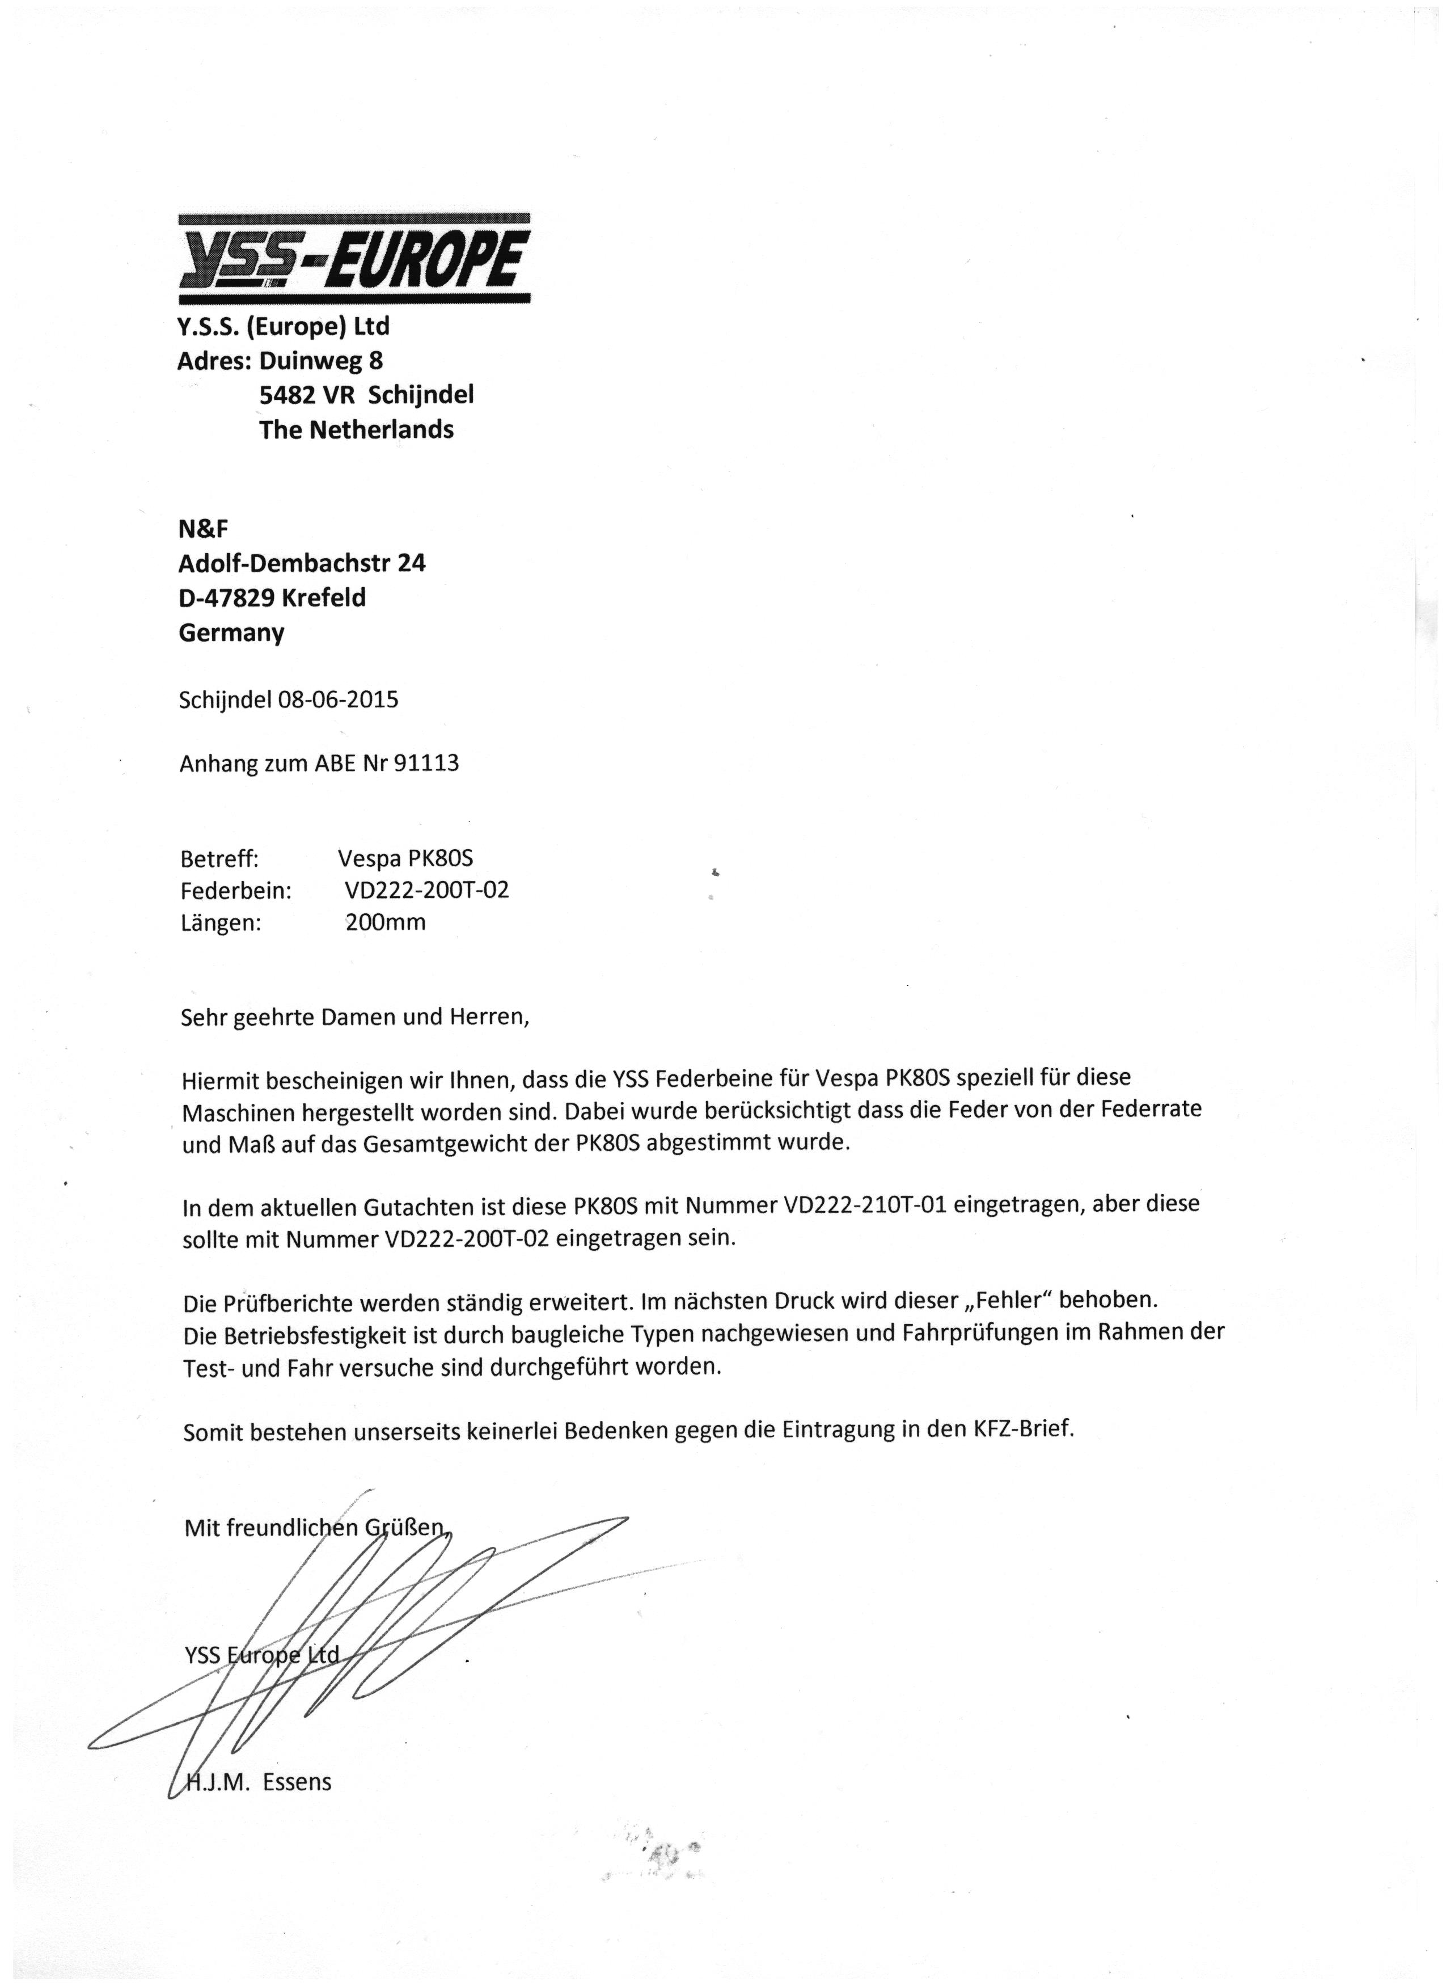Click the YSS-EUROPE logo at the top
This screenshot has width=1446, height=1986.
pyautogui.click(x=354, y=259)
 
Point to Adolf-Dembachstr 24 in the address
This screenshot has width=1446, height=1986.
pyautogui.click(x=302, y=563)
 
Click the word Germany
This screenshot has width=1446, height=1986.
pyautogui.click(x=231, y=633)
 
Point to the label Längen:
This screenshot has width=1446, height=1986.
pyautogui.click(x=221, y=922)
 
